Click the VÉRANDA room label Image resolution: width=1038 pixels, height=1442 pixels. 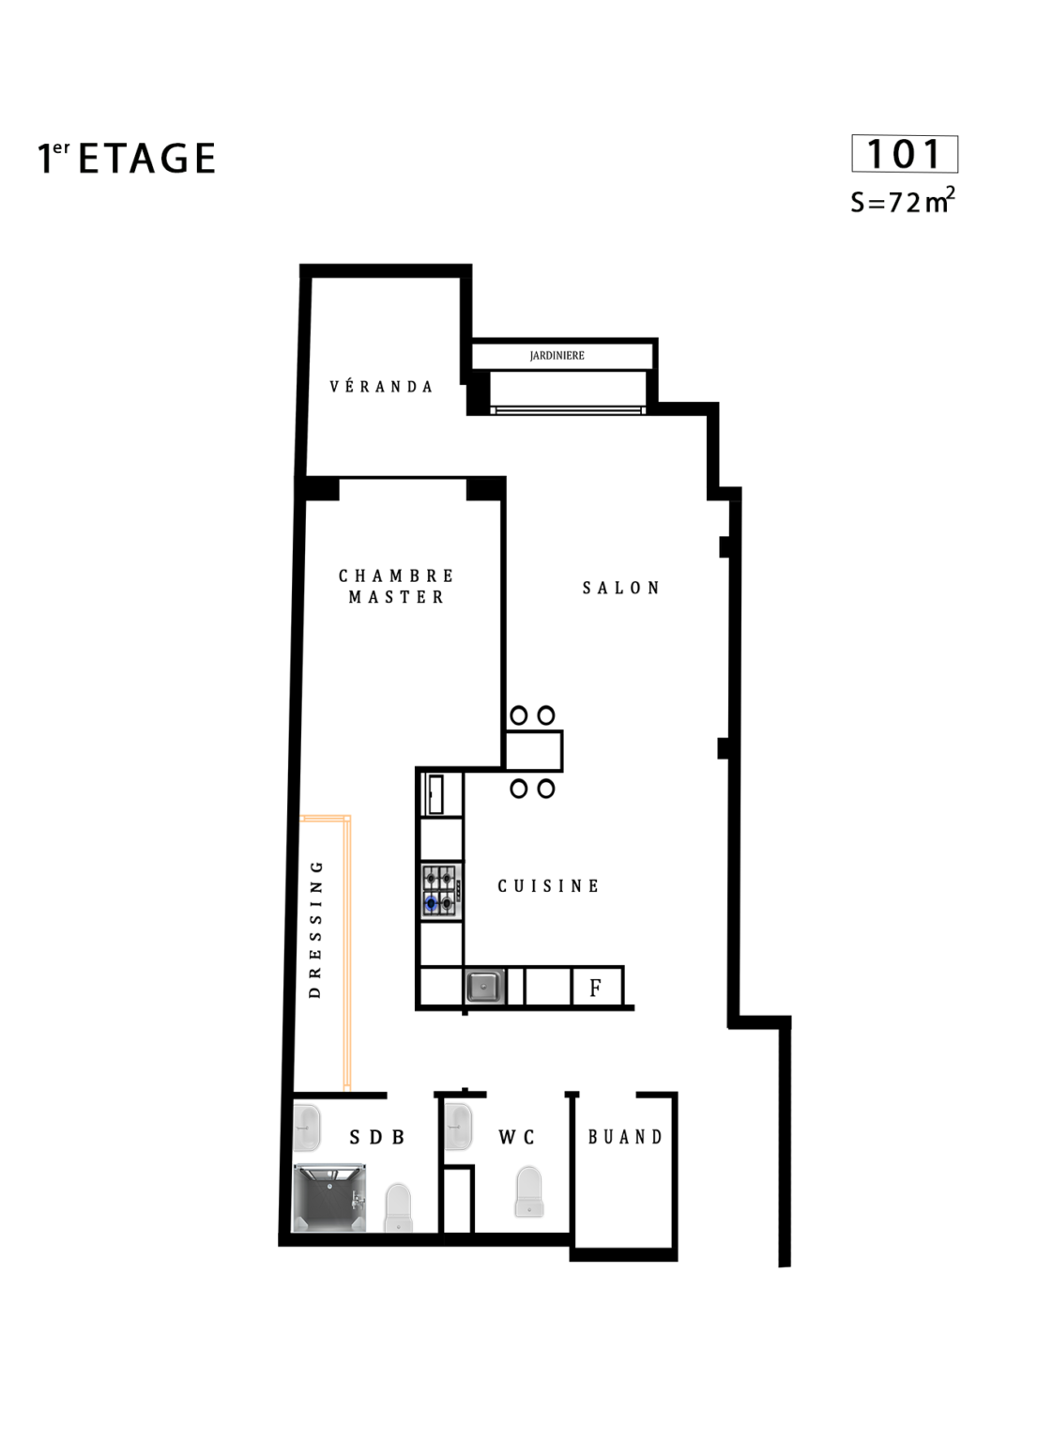point(381,386)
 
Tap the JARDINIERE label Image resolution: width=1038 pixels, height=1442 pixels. point(557,356)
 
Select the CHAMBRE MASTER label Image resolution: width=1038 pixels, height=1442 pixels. point(396,586)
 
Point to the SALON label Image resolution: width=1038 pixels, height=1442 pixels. point(621,588)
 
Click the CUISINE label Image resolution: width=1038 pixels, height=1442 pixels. point(548,886)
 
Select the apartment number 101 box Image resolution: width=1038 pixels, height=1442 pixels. point(904,154)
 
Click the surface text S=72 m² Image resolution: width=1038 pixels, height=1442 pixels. point(903,201)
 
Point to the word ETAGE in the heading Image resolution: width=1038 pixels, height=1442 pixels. point(146,159)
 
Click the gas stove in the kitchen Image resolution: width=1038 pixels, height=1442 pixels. point(441,891)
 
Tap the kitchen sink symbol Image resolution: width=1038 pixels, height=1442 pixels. point(483,987)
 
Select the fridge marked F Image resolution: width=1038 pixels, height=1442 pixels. point(597,987)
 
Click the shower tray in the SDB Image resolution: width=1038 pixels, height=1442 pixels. point(329,1197)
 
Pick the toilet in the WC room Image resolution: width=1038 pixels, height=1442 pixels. point(529,1191)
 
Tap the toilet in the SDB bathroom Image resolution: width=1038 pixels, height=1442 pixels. point(398,1207)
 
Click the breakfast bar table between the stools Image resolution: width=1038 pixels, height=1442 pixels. point(533,751)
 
